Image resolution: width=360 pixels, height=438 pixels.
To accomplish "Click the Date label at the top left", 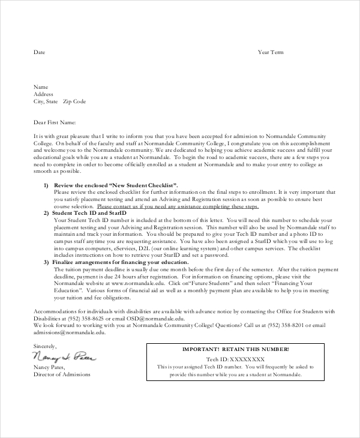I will (x=39, y=52).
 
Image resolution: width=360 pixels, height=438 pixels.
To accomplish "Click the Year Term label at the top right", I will (x=271, y=52).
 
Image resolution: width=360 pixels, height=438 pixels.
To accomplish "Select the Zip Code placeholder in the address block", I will (x=74, y=102).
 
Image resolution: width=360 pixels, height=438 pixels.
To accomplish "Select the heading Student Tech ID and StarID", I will (x=89, y=212).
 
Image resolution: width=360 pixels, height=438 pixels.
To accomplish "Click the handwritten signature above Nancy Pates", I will (x=62, y=358).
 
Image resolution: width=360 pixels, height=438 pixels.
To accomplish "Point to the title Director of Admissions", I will (x=62, y=374).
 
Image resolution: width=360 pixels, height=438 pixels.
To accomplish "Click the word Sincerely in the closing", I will (x=45, y=346).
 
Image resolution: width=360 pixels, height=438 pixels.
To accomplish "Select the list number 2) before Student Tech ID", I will (x=46, y=212).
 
